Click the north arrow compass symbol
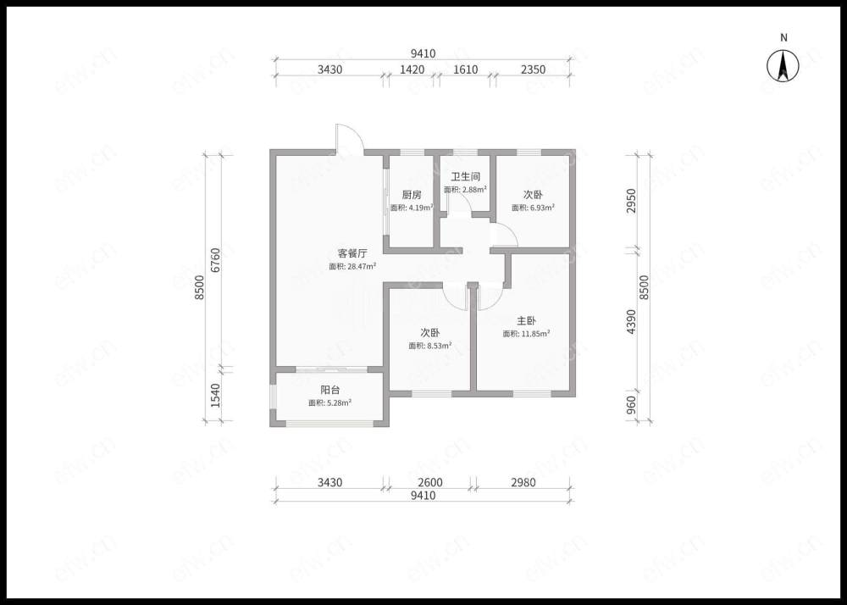(x=783, y=66)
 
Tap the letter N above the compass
(x=783, y=38)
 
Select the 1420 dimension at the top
(x=412, y=69)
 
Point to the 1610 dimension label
(x=465, y=69)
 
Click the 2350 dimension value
(x=533, y=69)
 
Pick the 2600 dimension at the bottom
(x=429, y=482)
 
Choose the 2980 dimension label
(x=523, y=482)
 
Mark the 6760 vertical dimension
(x=215, y=260)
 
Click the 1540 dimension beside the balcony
(x=215, y=396)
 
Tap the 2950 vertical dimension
(x=632, y=202)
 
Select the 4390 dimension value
(x=632, y=322)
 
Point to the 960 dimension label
(x=632, y=406)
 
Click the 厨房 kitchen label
(x=412, y=195)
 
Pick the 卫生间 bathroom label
(x=466, y=176)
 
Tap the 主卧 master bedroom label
(x=526, y=321)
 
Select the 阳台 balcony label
(x=330, y=390)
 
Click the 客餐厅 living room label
(x=352, y=253)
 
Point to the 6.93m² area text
(x=533, y=208)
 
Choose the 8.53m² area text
(x=430, y=346)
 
